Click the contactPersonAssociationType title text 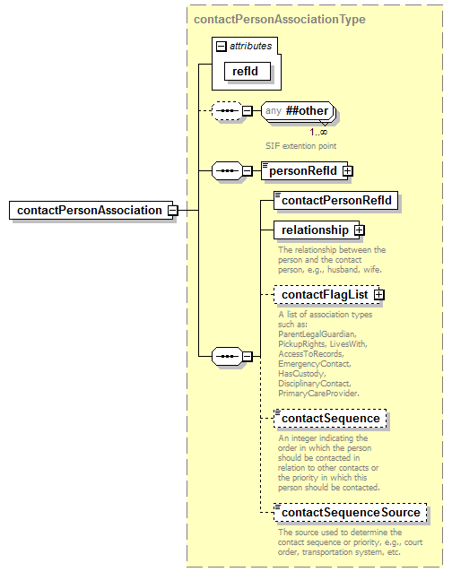[279, 19]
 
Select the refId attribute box [247, 72]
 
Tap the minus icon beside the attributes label [221, 45]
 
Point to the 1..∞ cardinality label [318, 132]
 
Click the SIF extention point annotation [301, 144]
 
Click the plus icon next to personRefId [347, 170]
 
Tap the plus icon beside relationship [360, 230]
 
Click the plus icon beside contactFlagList [379, 294]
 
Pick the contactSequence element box [330, 418]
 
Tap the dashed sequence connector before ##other [224, 112]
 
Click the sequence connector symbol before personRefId [224, 170]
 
